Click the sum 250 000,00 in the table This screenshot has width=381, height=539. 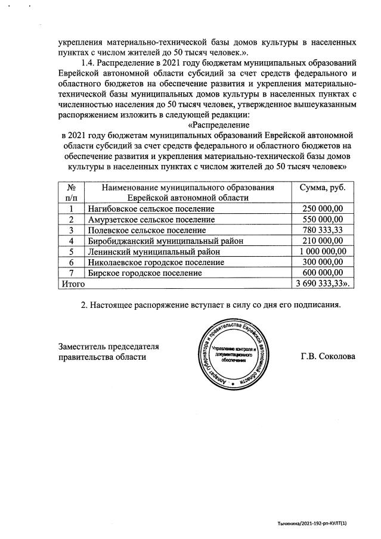[323, 208]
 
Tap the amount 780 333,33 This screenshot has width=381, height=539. [323, 230]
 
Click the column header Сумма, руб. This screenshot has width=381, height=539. [323, 188]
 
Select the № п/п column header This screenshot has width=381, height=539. [71, 192]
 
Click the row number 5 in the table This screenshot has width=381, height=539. [71, 251]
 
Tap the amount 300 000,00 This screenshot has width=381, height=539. [323, 262]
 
